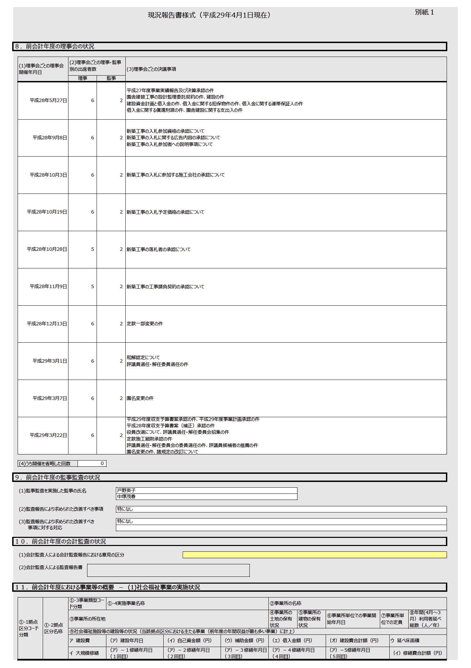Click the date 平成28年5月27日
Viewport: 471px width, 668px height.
(x=48, y=101)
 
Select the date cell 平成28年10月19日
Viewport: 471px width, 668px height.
(x=47, y=212)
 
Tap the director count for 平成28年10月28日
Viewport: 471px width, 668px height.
(x=93, y=249)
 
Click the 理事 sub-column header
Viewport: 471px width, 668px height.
(x=82, y=78)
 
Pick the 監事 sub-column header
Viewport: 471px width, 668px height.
(x=111, y=78)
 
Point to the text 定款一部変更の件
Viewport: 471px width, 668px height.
(x=145, y=324)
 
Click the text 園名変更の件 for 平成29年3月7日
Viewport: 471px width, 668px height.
(x=140, y=399)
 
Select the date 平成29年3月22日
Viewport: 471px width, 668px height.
(x=48, y=436)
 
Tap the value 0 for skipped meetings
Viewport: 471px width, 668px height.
(x=102, y=464)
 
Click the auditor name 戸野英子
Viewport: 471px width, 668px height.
(x=126, y=491)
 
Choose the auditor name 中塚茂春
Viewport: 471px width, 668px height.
(x=126, y=497)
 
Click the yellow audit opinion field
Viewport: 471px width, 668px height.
(x=314, y=555)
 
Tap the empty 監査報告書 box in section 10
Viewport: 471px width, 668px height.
(x=168, y=570)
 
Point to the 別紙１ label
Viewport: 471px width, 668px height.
(x=424, y=12)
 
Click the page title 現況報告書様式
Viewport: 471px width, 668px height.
(x=209, y=15)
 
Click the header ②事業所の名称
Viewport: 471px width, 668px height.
(x=286, y=603)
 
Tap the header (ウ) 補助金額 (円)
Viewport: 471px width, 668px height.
(x=244, y=641)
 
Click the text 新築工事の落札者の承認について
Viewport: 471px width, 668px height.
(x=159, y=249)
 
